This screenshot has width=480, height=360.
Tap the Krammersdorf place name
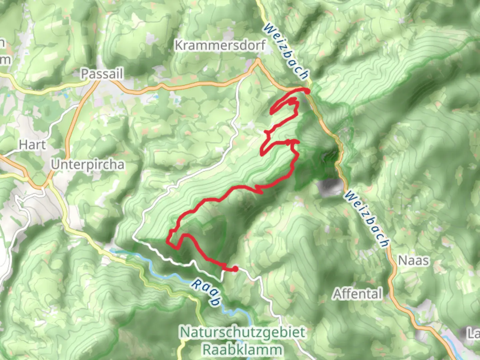click(x=220, y=45)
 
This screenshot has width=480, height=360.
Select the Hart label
click(x=32, y=145)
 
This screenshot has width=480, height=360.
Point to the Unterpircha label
click(x=88, y=164)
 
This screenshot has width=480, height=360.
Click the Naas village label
click(x=413, y=260)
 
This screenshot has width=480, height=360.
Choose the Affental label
click(x=358, y=294)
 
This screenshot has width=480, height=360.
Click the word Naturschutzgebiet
click(x=242, y=332)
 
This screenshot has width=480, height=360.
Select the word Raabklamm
click(x=242, y=350)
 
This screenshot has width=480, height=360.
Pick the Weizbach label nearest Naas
click(x=367, y=219)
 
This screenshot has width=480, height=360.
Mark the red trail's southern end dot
click(x=235, y=269)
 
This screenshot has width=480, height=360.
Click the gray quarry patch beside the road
click(x=330, y=187)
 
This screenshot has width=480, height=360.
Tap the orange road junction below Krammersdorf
click(x=257, y=61)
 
